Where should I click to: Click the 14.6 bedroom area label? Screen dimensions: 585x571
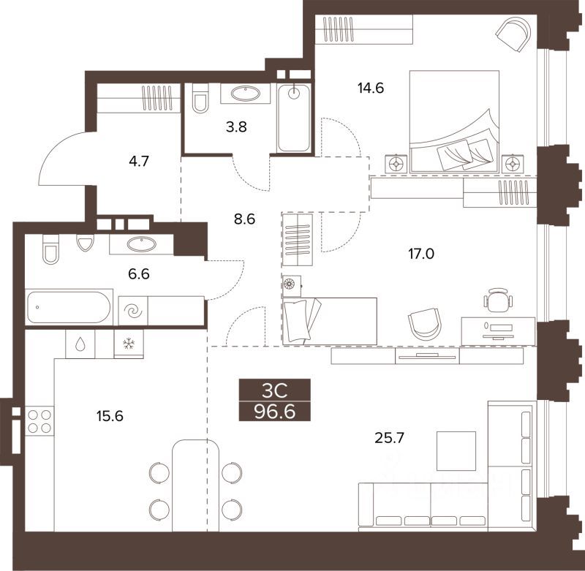point(371,88)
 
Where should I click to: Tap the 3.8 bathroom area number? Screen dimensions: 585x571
point(236,127)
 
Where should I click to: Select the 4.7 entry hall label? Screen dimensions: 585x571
point(139,162)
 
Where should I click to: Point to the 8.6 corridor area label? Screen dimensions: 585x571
point(244,219)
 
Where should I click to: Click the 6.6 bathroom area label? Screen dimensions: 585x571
point(139,274)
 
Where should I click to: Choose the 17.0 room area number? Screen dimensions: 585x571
point(421,254)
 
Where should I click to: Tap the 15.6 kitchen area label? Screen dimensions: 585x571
point(110,416)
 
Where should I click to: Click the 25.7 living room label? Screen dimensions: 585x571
point(389,438)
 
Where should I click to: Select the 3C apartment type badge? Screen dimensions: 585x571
point(275,390)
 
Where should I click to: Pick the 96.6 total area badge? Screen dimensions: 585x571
point(275,412)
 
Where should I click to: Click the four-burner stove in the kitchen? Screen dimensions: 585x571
point(39,421)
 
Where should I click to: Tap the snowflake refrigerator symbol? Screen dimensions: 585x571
point(129,344)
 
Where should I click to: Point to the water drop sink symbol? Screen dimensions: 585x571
point(80,344)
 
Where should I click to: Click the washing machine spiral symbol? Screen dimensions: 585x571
point(133,311)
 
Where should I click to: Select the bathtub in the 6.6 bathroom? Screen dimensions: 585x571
point(69,307)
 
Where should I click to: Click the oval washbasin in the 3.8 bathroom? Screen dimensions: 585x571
point(245,94)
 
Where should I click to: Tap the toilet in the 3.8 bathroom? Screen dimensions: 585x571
point(200,98)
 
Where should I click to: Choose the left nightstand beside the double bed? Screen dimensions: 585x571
point(396,163)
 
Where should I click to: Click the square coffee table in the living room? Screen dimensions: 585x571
point(456,451)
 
